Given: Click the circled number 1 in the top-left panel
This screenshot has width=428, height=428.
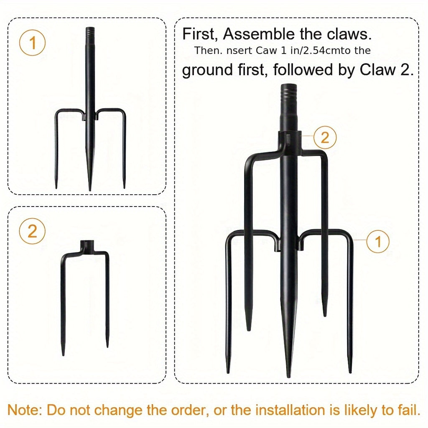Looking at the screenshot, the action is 32,43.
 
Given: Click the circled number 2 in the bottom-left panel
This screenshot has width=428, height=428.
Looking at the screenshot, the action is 32,231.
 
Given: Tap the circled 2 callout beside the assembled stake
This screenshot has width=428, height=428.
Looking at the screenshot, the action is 325,137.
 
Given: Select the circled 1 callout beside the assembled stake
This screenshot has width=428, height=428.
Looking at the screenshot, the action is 378,241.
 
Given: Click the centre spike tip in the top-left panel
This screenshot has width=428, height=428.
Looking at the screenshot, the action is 89,189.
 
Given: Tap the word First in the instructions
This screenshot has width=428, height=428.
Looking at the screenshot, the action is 200,35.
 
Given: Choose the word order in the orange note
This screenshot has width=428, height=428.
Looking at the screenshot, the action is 190,410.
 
